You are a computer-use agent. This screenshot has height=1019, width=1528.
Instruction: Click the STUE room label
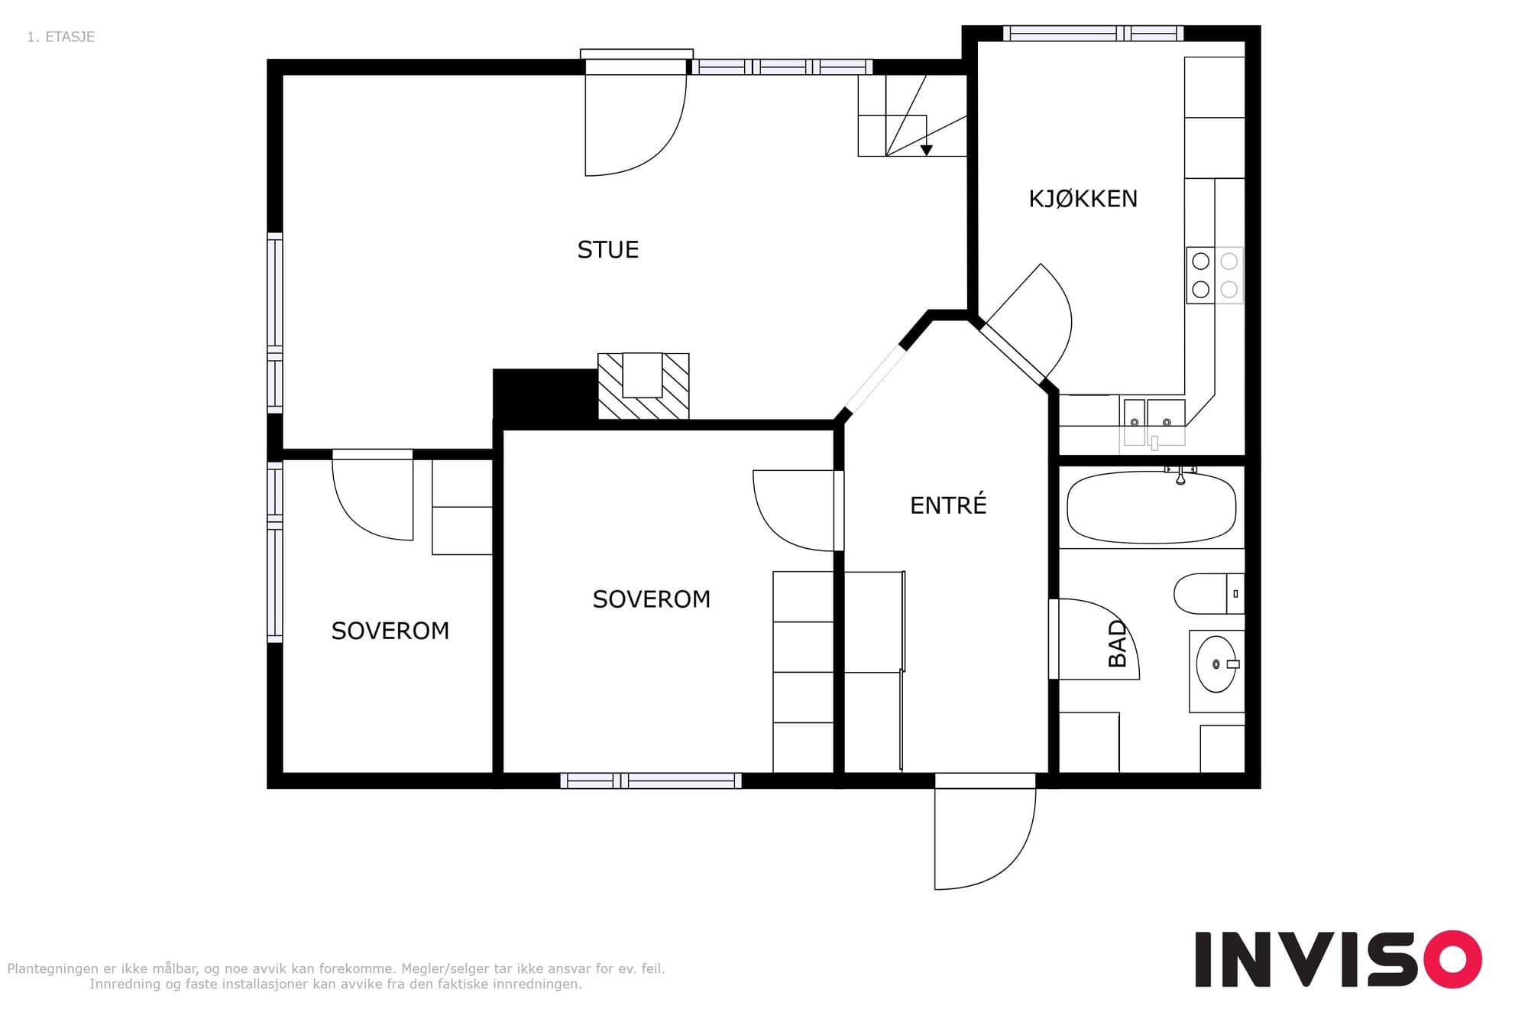[607, 250]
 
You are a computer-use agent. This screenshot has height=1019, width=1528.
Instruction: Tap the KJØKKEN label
[1083, 199]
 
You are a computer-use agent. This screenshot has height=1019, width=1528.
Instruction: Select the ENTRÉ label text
[948, 505]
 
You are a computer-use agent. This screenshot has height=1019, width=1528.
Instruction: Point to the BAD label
[1117, 644]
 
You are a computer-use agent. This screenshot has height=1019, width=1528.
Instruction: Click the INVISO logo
[1339, 959]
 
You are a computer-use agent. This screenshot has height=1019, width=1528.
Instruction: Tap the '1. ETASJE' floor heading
[60, 37]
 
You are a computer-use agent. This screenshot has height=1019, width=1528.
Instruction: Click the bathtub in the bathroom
[1151, 507]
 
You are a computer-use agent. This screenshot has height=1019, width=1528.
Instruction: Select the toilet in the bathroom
[1209, 593]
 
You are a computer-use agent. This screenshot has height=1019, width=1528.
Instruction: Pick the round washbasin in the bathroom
[1216, 664]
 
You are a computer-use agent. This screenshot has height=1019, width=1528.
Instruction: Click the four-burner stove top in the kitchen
[1215, 275]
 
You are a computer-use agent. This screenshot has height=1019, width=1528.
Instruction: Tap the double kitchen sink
[1154, 422]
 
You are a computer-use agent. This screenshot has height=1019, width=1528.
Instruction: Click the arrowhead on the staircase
[926, 150]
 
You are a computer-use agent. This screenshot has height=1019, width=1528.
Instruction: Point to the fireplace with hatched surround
[643, 385]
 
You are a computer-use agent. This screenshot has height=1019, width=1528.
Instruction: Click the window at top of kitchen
[1093, 33]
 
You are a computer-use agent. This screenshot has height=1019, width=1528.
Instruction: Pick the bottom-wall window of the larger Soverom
[651, 780]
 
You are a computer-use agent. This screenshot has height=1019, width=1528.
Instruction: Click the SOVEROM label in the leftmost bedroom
[390, 631]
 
